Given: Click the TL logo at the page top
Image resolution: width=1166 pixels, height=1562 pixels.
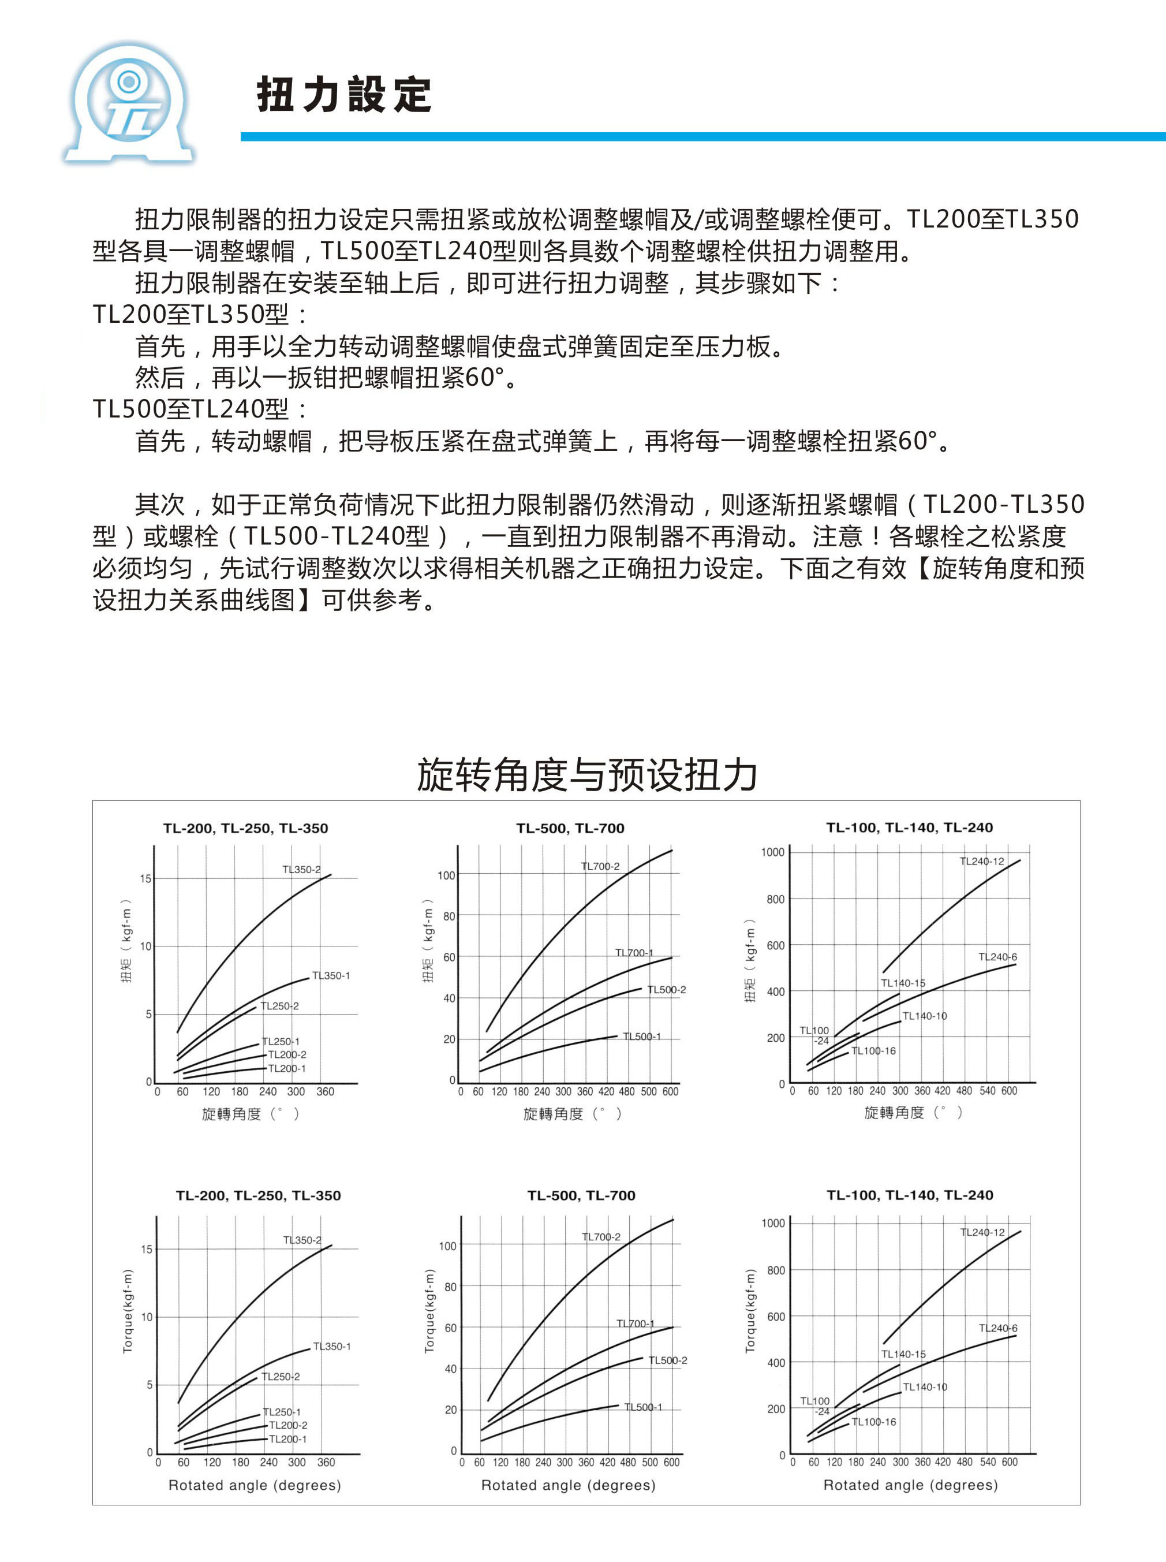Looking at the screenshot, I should click(x=129, y=105).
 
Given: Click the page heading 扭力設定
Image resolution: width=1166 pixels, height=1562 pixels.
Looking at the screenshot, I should click(x=343, y=95).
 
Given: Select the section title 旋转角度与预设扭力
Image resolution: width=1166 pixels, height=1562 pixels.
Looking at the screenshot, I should click(x=586, y=774).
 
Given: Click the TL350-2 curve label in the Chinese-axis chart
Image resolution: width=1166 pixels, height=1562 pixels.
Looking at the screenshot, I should click(x=301, y=869).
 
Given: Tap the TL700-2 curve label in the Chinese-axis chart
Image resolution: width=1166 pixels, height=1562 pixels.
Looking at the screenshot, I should click(x=600, y=866).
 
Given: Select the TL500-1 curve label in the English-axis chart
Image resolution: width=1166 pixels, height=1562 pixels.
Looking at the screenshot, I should click(x=643, y=1407).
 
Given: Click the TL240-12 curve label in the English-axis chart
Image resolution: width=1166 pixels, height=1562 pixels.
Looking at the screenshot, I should click(x=982, y=1232).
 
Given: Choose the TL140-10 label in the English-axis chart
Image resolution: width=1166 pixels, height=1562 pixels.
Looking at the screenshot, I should click(x=925, y=1387).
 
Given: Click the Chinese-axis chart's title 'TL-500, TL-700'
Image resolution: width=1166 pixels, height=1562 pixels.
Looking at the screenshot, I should click(x=570, y=828).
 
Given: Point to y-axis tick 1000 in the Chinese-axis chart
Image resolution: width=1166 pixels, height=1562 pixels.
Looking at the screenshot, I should click(x=772, y=852).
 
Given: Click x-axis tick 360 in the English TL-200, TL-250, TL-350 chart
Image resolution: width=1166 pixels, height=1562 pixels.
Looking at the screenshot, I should click(x=326, y=1463).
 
